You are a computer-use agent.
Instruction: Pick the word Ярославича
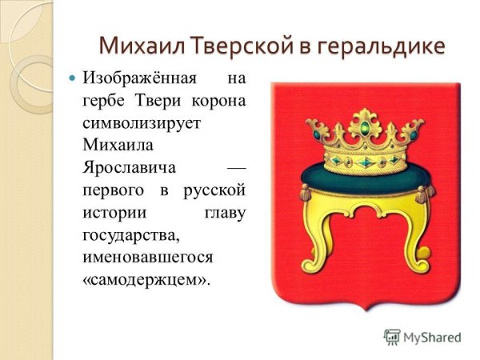(x=126, y=170)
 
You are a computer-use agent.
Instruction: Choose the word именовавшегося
(x=147, y=258)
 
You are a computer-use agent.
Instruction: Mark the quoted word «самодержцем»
(x=145, y=281)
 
